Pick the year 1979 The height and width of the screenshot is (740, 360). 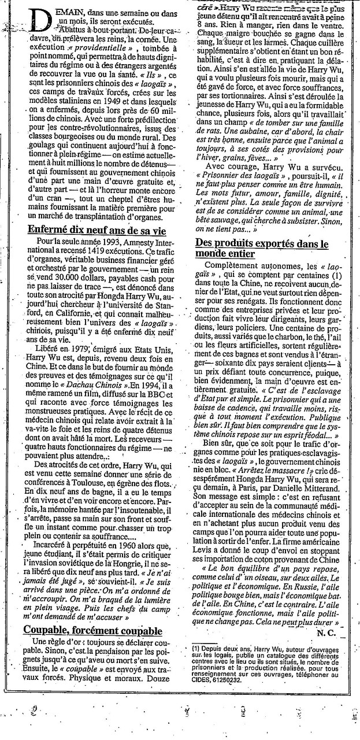pos(76,349)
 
